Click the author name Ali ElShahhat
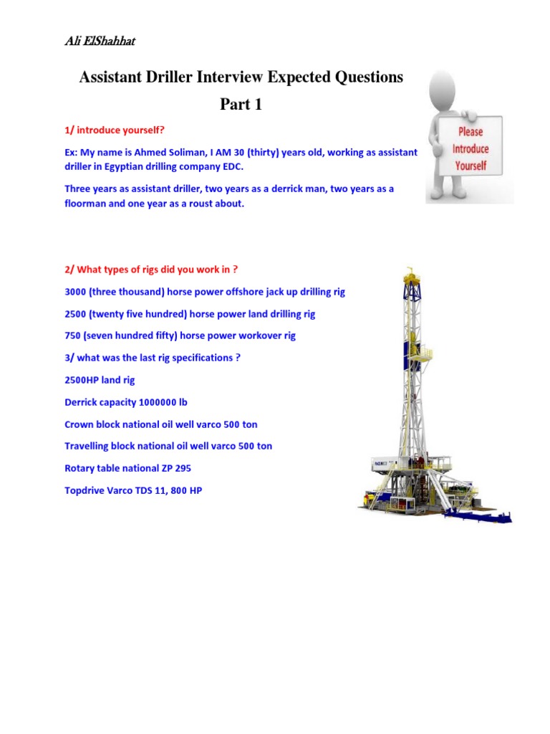pos(100,41)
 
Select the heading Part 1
pos(241,105)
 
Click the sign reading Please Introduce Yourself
pos(470,148)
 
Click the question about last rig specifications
pos(152,358)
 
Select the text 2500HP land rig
pos(100,380)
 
